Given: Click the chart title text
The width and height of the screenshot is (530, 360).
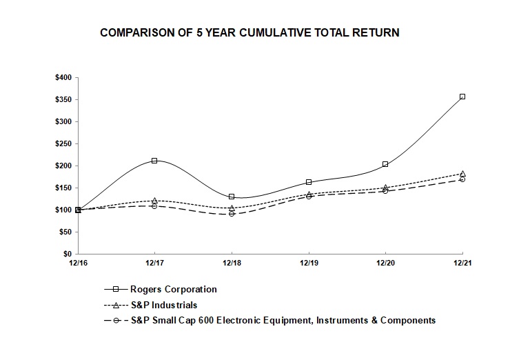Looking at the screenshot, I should point(249,32).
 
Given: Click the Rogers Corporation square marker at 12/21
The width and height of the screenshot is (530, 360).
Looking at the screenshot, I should point(462,97).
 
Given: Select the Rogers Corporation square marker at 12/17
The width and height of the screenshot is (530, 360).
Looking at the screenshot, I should point(154,160).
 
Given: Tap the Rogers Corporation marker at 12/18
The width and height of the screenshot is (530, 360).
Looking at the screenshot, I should point(232,197).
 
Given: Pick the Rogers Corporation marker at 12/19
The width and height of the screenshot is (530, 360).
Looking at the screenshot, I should point(308,182).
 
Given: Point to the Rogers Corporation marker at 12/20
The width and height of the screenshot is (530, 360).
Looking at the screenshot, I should point(385,164).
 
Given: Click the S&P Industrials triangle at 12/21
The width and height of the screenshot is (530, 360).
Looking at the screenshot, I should point(462,173).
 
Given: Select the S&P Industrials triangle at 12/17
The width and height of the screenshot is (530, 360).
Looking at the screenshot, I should point(154,200).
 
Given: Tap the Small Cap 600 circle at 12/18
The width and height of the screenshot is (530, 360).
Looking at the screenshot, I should point(232,214).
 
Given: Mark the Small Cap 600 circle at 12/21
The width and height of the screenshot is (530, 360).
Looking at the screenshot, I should point(462,179).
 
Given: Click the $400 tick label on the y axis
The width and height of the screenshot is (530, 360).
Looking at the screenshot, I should point(63,77).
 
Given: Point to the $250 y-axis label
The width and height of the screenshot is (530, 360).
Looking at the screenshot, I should point(63,143).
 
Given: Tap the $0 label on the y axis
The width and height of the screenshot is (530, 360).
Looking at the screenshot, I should point(68,254).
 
